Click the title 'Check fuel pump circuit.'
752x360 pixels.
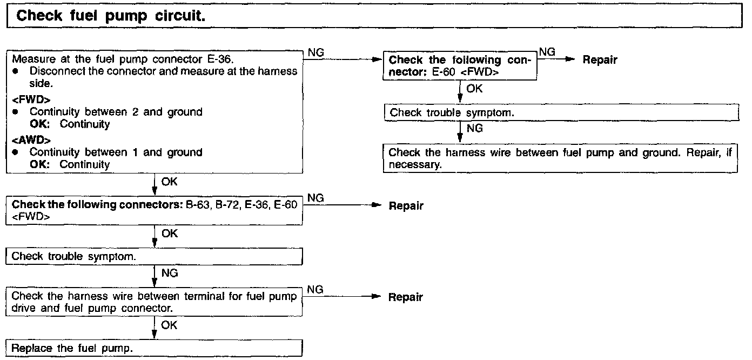tap(111, 16)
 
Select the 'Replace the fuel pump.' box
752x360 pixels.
tap(154, 348)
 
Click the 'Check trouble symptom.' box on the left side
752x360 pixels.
tap(154, 256)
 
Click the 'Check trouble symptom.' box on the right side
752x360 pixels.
tap(560, 112)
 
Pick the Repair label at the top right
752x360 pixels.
tap(600, 60)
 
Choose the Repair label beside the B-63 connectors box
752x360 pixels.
tap(406, 205)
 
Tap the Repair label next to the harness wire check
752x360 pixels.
tap(406, 297)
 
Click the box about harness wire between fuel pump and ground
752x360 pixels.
tap(560, 158)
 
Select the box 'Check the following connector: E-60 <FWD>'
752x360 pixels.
tap(459, 66)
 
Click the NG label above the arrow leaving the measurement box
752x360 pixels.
tap(315, 52)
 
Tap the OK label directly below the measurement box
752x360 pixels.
tap(169, 181)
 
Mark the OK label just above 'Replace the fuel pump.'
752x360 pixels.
tap(169, 325)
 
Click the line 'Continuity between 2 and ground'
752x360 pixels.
tap(116, 112)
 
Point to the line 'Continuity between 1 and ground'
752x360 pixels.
tap(116, 152)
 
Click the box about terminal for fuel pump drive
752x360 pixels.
tap(154, 302)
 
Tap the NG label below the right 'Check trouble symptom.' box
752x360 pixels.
tap(474, 129)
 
